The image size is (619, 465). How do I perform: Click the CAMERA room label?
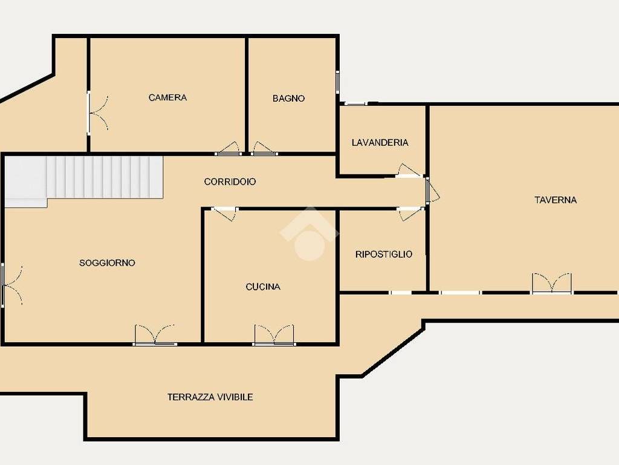point(167,97)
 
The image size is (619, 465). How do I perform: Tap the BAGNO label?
point(288,98)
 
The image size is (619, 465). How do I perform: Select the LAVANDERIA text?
point(380,142)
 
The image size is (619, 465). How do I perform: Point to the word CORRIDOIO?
point(230,182)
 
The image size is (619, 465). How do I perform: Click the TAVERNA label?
point(556,200)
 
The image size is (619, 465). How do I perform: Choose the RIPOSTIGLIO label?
point(384,254)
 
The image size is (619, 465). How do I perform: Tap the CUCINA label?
point(263,286)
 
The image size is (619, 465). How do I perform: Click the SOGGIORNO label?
point(107,263)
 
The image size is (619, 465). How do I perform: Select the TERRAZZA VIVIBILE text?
point(210,397)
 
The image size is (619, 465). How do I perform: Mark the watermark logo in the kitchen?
point(309,233)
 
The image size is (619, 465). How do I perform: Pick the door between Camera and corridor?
point(228,148)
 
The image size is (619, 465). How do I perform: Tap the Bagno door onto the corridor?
point(265,148)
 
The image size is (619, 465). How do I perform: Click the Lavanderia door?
point(409,170)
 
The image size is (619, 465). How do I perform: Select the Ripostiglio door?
point(410,214)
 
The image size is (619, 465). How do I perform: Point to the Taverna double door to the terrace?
point(551,283)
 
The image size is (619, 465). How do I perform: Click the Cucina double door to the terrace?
point(274,335)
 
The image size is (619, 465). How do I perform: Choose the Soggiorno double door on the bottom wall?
point(154,335)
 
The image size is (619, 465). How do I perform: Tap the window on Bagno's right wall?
point(337,82)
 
